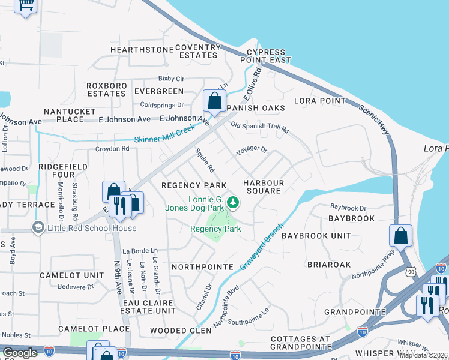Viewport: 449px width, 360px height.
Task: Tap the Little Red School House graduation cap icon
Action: [39, 227]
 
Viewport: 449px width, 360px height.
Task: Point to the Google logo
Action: [20, 352]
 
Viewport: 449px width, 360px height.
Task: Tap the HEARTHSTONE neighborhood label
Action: [137, 50]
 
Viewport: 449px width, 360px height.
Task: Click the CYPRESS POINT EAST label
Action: [265, 56]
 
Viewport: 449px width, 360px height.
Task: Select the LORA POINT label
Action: [319, 101]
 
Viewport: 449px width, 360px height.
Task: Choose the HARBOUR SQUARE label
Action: [262, 186]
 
